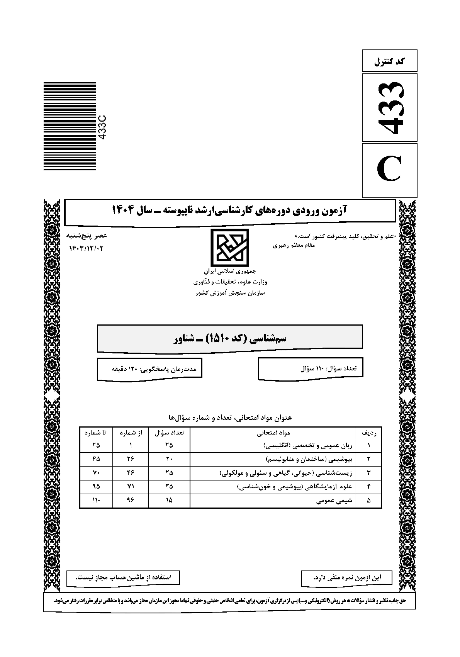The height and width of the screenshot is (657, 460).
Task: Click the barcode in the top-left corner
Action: click(70, 126)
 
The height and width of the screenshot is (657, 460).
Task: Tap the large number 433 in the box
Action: click(390, 108)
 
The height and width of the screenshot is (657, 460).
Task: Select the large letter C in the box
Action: click(390, 170)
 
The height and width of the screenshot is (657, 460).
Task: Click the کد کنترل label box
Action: click(390, 61)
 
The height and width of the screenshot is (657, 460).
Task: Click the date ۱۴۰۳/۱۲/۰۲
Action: click(87, 248)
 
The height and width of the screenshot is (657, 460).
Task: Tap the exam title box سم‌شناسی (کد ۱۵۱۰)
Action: click(229, 339)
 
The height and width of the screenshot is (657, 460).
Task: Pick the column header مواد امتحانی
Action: click(273, 433)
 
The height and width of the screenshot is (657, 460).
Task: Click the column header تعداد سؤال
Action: click(169, 433)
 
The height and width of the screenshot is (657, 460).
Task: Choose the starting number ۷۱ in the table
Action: click(131, 487)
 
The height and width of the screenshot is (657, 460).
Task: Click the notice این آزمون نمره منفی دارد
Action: click(346, 578)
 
